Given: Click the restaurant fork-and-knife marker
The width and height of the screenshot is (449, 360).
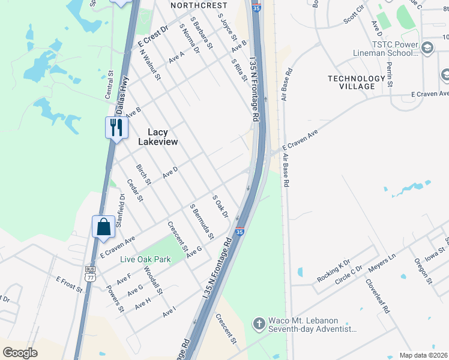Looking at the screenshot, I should (116, 127).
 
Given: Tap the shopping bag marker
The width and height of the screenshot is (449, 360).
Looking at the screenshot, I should (103, 227).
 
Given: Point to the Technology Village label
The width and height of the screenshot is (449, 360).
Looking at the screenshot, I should (356, 82).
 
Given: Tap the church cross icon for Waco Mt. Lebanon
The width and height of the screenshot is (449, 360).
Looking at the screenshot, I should (259, 323).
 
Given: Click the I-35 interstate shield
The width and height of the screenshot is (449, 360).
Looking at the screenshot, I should (240, 232).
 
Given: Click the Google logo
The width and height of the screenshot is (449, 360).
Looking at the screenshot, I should (20, 352).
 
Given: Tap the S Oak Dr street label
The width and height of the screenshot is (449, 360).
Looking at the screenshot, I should (220, 206).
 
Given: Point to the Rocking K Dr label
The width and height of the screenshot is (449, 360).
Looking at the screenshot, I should (334, 272).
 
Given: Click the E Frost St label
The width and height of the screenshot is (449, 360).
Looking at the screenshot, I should (69, 284).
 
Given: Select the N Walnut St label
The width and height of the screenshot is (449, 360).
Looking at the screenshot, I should (150, 64).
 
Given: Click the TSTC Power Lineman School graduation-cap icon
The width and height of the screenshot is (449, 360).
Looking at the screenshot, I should (427, 48).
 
